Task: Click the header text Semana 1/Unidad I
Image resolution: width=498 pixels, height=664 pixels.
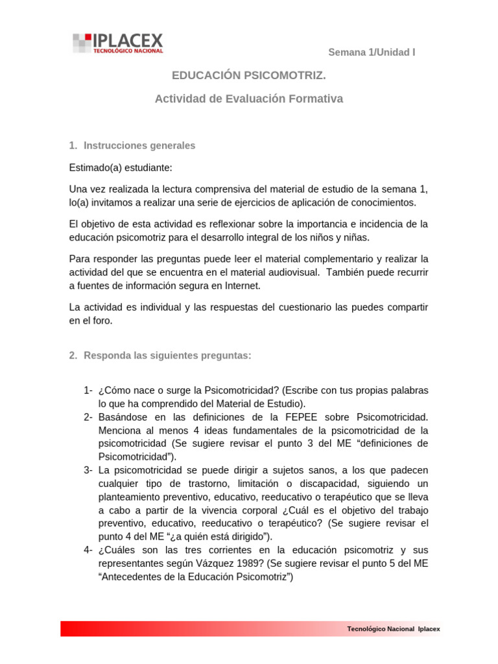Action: (x=372, y=53)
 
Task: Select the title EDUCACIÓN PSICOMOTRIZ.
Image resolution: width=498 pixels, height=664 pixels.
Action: (x=248, y=77)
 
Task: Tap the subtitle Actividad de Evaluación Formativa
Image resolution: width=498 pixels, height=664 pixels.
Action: (x=248, y=99)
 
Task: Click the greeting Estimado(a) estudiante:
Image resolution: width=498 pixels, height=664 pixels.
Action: (x=121, y=168)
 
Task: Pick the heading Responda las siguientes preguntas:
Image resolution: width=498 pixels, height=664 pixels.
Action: (x=167, y=356)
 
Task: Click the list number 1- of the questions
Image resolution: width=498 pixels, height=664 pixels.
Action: (x=89, y=390)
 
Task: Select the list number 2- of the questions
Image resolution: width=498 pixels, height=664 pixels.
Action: (x=89, y=416)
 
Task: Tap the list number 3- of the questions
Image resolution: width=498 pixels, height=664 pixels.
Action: (x=89, y=469)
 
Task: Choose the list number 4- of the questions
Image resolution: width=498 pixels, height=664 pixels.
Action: (x=89, y=550)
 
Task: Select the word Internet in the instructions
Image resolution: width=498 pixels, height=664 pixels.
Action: (x=241, y=285)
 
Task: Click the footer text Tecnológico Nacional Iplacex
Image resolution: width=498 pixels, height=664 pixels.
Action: (x=394, y=629)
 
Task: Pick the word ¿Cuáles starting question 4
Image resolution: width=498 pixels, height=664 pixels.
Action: (x=118, y=550)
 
